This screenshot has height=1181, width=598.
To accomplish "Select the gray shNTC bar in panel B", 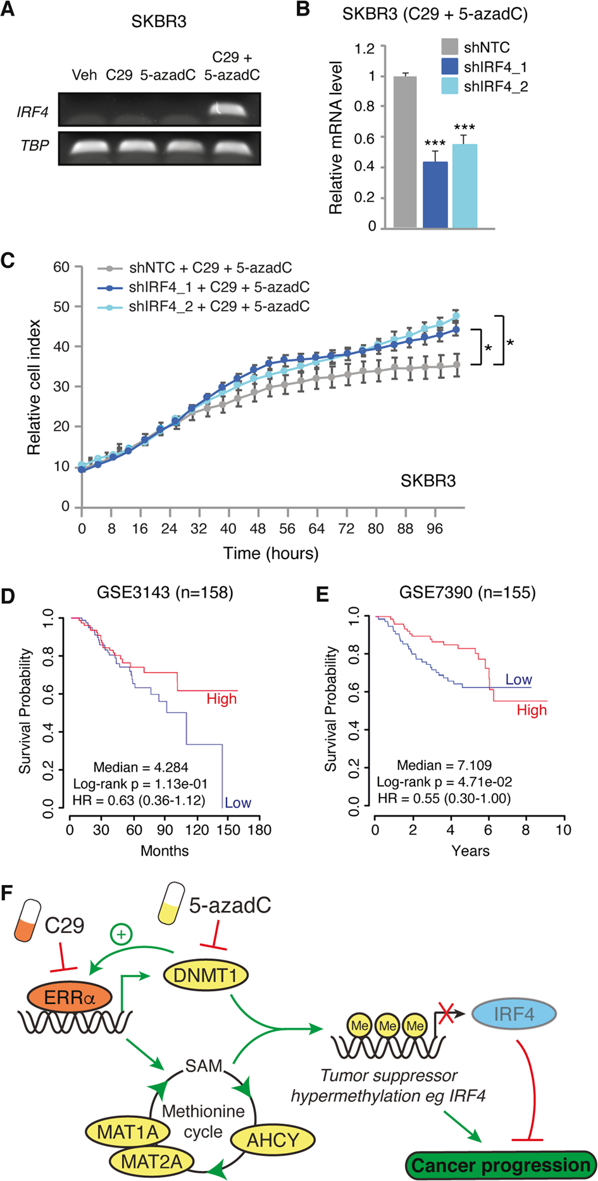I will click(x=405, y=152).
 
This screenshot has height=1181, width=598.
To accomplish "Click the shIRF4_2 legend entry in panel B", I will click(x=484, y=87).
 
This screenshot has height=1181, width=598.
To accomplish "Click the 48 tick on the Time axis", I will click(x=258, y=529).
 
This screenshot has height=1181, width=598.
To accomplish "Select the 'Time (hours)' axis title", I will click(x=271, y=553).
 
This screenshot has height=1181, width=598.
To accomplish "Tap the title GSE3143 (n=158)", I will click(x=165, y=593).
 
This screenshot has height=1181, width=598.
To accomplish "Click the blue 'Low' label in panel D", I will click(x=238, y=803).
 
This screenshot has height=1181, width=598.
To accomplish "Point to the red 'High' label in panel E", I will click(x=532, y=710).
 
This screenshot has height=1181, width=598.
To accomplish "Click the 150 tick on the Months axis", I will click(x=230, y=829).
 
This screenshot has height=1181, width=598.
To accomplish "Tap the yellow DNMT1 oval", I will click(x=205, y=975).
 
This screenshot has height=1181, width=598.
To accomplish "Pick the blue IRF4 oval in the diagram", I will click(x=514, y=1014).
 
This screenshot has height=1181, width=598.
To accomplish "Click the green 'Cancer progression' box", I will click(x=500, y=1165).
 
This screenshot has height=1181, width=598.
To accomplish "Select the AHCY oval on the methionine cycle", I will click(x=272, y=1141).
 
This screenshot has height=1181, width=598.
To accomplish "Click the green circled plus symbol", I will click(x=121, y=934).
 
